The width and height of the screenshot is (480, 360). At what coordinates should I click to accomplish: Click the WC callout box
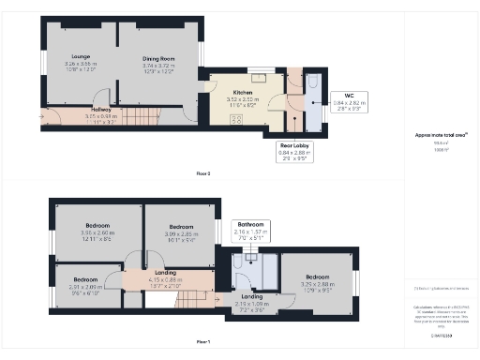(349, 99)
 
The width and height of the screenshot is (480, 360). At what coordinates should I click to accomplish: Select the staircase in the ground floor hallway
(138, 118)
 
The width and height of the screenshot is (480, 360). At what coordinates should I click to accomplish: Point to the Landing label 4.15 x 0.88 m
(165, 279)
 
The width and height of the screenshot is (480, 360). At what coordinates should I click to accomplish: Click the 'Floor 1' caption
(203, 341)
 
